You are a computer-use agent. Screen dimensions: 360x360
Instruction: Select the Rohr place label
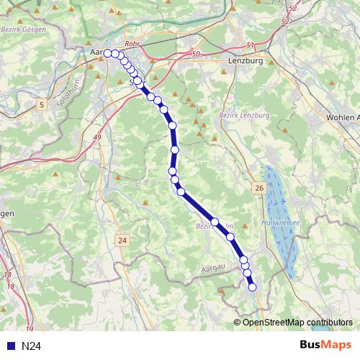132,44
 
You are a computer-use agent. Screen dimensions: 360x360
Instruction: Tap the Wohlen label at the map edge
343,117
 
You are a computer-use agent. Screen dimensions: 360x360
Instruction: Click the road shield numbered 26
259,188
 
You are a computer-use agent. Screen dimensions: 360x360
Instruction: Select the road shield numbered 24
123,240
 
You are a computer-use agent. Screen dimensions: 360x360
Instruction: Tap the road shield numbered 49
96,136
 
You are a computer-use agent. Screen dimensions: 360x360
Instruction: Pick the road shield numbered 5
42,105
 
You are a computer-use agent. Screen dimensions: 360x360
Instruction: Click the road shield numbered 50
196,54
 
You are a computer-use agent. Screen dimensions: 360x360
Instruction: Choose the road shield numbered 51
251,45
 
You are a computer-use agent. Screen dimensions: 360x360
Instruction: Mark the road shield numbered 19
30,308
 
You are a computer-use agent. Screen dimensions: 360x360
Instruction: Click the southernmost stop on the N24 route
252,287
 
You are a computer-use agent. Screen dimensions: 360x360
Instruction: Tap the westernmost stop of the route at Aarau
108,53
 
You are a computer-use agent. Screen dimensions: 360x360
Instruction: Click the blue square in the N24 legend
9,346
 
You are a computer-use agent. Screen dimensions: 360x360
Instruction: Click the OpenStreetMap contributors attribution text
297,322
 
